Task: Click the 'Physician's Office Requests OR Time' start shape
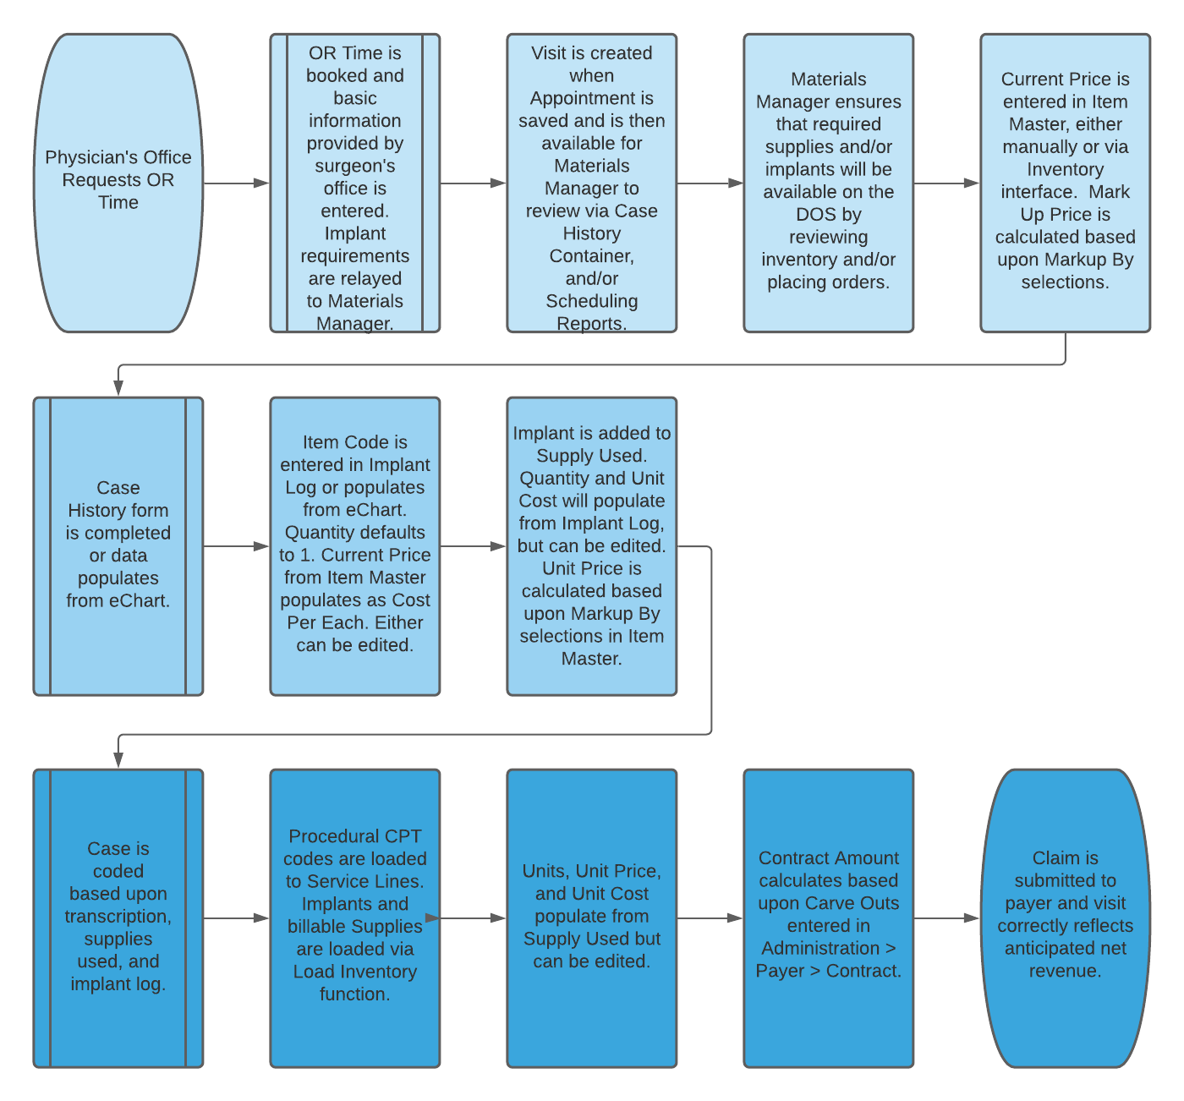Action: (118, 183)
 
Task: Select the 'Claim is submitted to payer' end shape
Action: (1066, 918)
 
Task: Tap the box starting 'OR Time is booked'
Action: (355, 183)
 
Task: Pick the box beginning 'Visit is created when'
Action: (592, 183)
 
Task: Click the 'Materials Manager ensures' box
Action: (829, 183)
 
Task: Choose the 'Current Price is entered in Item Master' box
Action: (1066, 183)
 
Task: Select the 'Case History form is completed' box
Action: (118, 546)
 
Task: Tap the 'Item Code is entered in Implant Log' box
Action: (355, 546)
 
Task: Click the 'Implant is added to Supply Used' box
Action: (592, 546)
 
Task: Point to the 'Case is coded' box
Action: (118, 918)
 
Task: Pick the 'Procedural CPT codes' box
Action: (355, 918)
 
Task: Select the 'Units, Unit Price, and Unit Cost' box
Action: (592, 918)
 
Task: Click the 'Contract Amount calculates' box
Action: (829, 918)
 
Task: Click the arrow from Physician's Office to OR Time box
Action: (237, 183)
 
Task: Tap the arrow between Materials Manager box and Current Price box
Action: (947, 183)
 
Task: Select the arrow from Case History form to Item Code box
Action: (237, 546)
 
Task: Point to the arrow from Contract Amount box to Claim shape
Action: (947, 918)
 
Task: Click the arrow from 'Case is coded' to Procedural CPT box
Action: (237, 918)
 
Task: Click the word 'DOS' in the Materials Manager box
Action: (815, 215)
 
